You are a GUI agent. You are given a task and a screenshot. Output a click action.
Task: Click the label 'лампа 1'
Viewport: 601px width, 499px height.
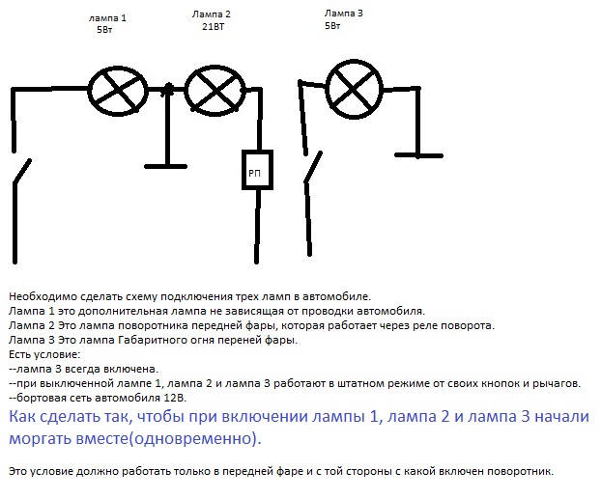(x=107, y=18)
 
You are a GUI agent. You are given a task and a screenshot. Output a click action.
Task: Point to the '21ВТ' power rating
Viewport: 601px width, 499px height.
(x=214, y=27)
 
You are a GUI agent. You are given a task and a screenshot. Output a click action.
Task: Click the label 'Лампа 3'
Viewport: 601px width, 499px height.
(x=343, y=14)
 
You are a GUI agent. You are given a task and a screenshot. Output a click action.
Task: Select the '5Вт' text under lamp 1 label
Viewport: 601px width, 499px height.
(x=104, y=30)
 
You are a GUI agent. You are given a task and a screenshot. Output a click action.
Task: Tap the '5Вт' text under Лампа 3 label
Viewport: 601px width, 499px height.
(x=332, y=26)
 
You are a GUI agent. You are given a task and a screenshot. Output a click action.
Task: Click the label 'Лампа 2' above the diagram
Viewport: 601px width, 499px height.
(x=212, y=14)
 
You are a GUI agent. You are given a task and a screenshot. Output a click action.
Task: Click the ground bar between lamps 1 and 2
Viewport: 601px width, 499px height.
(x=165, y=167)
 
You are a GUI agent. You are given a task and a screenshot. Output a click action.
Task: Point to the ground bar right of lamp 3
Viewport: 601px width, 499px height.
(x=418, y=155)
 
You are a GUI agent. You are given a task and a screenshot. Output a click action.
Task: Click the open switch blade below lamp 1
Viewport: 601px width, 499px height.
(x=22, y=171)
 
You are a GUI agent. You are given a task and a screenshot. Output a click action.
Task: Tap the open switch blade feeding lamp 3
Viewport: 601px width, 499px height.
(x=313, y=168)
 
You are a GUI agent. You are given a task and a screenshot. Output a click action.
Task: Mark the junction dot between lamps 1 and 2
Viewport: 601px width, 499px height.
(x=167, y=90)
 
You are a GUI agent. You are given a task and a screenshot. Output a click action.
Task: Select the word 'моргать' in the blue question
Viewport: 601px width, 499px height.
(x=40, y=438)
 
